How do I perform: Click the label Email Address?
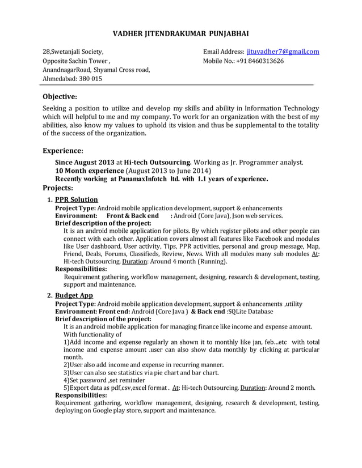click(224, 52)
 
